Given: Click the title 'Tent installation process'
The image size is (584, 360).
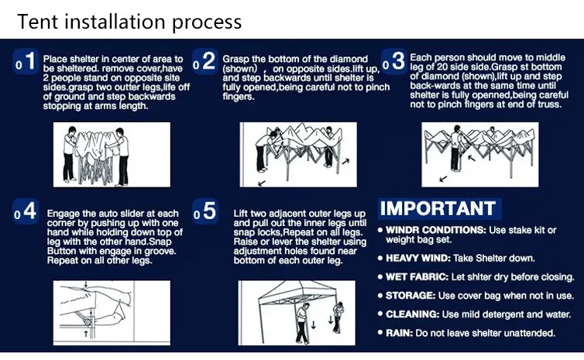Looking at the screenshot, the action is point(129,22).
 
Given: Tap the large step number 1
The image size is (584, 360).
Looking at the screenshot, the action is point(30,60).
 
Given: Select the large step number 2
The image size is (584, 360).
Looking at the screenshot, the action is point(208,60).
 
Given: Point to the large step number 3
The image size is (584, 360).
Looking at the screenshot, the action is point(399,60).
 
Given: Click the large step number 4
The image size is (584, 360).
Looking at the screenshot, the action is point(29,211).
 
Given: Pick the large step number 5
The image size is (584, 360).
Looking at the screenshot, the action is point(209,211).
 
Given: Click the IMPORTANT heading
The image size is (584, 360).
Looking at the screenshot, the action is point(438,208).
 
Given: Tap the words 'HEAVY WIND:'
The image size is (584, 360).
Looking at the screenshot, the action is point(418,259).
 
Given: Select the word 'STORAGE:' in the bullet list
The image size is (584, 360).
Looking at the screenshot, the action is point(411,296).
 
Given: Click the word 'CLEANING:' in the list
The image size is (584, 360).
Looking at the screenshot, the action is point(412,314).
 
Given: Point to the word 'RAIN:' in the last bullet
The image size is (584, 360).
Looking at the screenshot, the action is point(399,333).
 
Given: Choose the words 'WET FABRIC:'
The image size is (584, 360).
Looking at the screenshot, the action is point(417,277).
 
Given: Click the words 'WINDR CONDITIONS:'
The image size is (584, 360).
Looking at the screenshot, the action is point(436,230).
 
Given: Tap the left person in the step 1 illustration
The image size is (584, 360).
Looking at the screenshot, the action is point(69,155).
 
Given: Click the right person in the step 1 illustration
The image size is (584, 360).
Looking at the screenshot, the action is point(122,157).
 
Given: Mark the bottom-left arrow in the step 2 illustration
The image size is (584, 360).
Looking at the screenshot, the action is point(263,183).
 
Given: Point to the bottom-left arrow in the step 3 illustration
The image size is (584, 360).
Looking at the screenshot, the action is point(443,179).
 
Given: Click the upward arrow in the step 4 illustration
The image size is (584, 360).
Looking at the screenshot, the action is point(86,333).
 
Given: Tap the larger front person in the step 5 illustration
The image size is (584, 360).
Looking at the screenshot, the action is point(303,323).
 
